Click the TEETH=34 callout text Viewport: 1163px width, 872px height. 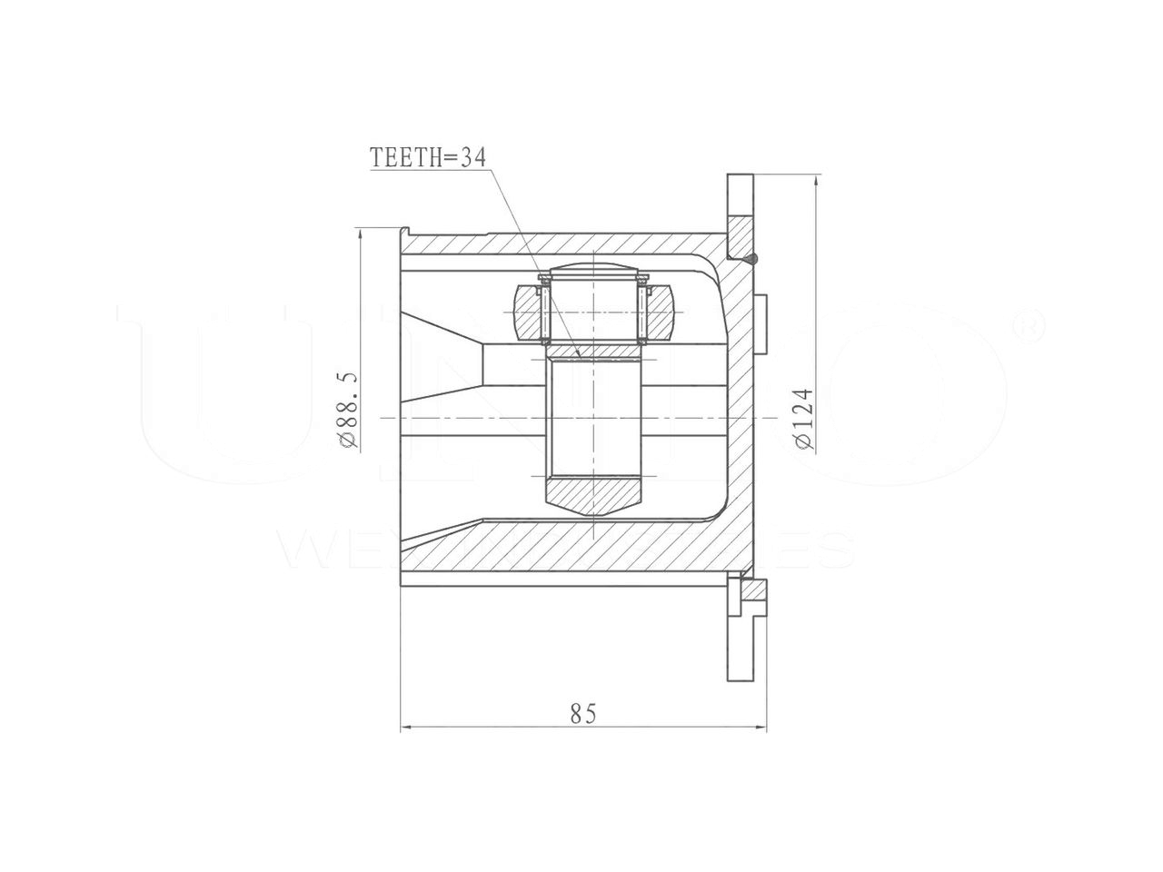[x=428, y=157]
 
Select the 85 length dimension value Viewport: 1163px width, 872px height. [x=583, y=714]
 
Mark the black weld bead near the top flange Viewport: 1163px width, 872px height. [x=753, y=260]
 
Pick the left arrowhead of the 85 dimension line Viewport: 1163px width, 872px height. [x=405, y=727]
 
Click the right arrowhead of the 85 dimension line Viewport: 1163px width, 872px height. [x=762, y=727]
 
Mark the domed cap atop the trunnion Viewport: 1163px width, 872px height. [x=591, y=267]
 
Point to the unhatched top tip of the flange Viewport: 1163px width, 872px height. [x=740, y=191]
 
